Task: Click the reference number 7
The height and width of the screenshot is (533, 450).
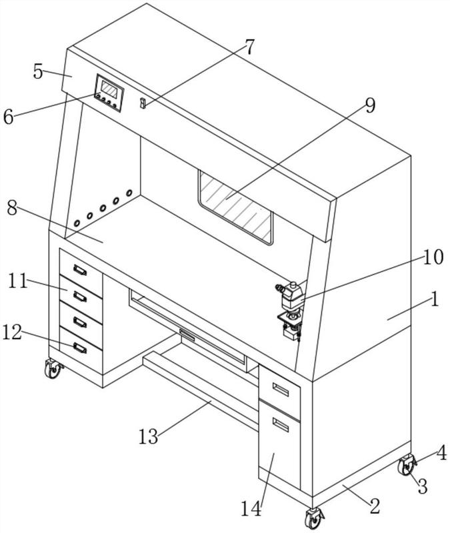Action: tap(249, 47)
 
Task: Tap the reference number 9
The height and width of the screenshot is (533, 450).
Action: tap(370, 105)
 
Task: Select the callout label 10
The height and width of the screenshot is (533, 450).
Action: tap(433, 257)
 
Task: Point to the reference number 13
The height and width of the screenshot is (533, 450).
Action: tap(148, 436)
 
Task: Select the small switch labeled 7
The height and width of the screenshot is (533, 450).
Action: tap(143, 103)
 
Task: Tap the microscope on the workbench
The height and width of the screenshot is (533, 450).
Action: tap(291, 310)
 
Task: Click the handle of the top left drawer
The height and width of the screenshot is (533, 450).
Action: tap(80, 270)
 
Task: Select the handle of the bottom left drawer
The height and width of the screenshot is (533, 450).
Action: tap(80, 348)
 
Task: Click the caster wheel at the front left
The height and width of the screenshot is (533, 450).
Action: tap(53, 369)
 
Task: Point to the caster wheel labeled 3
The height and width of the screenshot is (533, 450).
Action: tap(407, 465)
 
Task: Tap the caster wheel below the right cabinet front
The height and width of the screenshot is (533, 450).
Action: tap(313, 518)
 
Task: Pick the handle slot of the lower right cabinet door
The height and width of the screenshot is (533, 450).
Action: tap(280, 425)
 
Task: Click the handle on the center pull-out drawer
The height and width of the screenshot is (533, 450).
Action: tap(187, 335)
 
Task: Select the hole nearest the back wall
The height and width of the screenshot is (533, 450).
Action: tap(129, 193)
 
